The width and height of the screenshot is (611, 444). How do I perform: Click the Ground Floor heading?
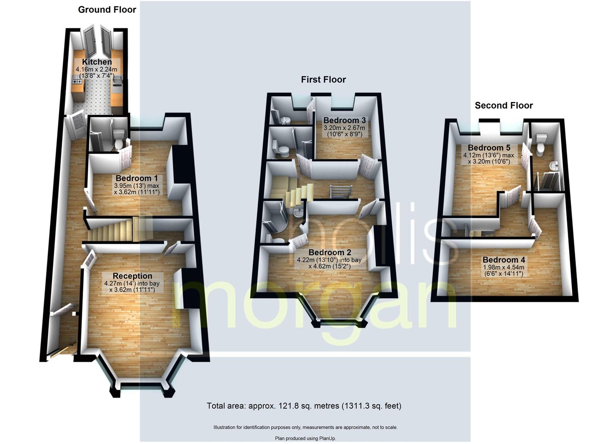[x=107, y=10]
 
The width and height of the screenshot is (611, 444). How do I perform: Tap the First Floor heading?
[x=323, y=80]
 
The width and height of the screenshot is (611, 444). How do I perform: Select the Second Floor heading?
[x=504, y=106]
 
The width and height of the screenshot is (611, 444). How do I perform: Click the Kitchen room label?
[x=97, y=62]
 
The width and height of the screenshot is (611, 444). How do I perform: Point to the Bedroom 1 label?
[x=137, y=178]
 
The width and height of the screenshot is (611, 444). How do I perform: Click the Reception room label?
[x=132, y=276]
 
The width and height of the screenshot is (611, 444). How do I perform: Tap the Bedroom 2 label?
[x=330, y=252]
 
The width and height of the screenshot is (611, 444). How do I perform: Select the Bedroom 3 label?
[x=344, y=120]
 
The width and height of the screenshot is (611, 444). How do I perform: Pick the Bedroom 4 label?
[x=504, y=260]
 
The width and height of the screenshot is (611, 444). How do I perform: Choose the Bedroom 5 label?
[x=489, y=148]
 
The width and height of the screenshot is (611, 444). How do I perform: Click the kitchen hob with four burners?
[x=77, y=80]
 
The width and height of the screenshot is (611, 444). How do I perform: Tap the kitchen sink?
[x=118, y=81]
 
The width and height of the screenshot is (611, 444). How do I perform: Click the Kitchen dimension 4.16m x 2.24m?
[x=96, y=69]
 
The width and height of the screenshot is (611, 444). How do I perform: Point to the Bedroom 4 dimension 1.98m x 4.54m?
[x=504, y=267]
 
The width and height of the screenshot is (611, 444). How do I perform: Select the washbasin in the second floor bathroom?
[x=554, y=165]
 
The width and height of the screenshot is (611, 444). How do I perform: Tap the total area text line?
[x=304, y=406]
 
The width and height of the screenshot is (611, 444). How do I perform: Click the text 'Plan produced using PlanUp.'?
[x=305, y=438]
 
